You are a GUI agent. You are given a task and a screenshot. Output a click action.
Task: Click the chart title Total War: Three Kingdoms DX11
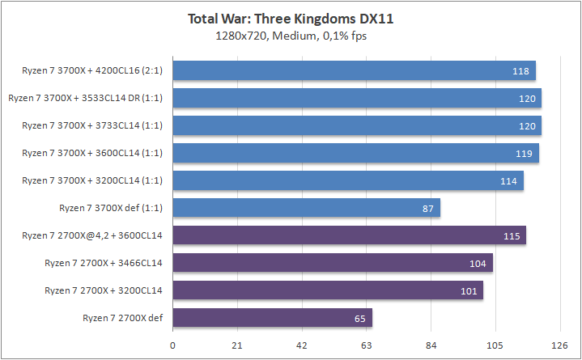pyautogui.click(x=291, y=19)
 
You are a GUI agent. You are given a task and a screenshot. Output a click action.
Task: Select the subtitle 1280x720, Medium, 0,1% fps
pyautogui.click(x=291, y=35)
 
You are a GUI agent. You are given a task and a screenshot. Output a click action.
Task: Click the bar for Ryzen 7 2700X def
pyautogui.click(x=272, y=318)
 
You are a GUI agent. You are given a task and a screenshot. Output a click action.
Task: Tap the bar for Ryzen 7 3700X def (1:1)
pyautogui.click(x=306, y=208)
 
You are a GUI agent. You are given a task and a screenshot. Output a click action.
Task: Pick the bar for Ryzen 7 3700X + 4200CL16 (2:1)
pyautogui.click(x=354, y=70)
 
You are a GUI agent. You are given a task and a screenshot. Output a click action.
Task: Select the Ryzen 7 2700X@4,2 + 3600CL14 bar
pyautogui.click(x=349, y=235)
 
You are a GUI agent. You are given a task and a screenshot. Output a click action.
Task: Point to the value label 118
pyautogui.click(x=521, y=71)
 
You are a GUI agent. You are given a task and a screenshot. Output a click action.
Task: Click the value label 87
pyautogui.click(x=427, y=209)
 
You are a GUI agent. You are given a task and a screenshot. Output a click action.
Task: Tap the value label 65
pyautogui.click(x=359, y=319)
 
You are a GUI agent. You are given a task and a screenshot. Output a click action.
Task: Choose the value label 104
pyautogui.click(x=478, y=264)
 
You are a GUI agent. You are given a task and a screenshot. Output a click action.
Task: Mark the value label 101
pyautogui.click(x=469, y=291)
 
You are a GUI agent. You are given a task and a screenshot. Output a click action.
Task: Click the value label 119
pyautogui.click(x=525, y=154)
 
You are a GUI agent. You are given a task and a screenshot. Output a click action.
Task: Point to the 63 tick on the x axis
pyautogui.click(x=366, y=345)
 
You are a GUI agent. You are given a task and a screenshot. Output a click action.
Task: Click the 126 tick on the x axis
pyautogui.click(x=559, y=345)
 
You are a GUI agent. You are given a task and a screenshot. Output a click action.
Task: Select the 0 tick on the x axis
pyautogui.click(x=172, y=345)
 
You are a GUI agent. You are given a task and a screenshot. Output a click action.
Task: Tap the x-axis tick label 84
pyautogui.click(x=430, y=345)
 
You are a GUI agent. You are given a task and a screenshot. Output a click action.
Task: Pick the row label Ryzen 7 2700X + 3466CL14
pyautogui.click(x=104, y=263)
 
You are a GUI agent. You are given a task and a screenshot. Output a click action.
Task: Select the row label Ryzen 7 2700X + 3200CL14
pyautogui.click(x=104, y=290)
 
